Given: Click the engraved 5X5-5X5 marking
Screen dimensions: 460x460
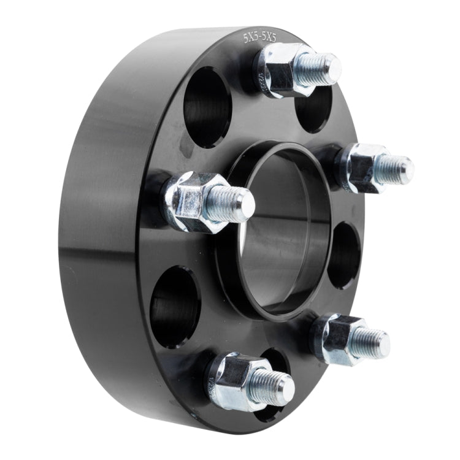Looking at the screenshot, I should pyautogui.click(x=259, y=37).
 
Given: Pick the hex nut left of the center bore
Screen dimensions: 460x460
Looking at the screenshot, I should pyautogui.click(x=193, y=201).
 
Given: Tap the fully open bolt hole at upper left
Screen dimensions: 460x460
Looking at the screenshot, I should pyautogui.click(x=207, y=107).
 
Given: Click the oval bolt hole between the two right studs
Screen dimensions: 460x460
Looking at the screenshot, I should pyautogui.click(x=344, y=255).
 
